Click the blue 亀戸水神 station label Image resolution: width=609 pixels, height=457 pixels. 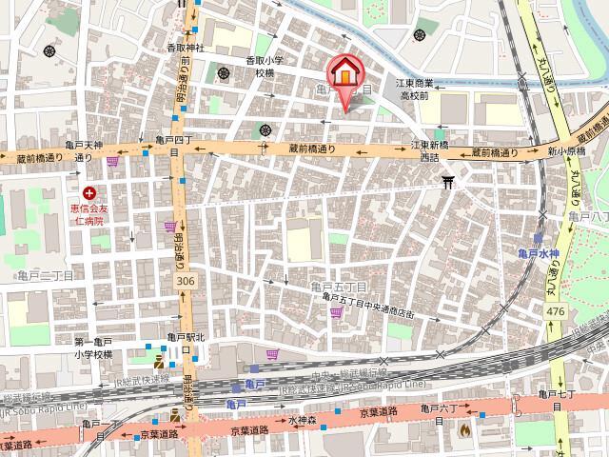pyautogui.click(x=539, y=252)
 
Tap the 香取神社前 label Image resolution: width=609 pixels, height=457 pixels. pyautogui.click(x=187, y=53)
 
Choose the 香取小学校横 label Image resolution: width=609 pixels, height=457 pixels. pyautogui.click(x=273, y=66)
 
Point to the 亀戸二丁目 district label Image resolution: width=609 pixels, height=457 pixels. pyautogui.click(x=45, y=274)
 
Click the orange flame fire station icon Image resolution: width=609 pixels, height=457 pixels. pyautogui.click(x=464, y=429)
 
